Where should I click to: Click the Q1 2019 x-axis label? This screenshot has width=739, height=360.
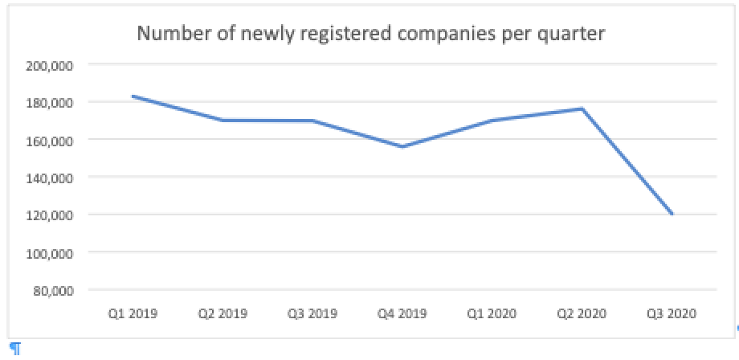(x=133, y=313)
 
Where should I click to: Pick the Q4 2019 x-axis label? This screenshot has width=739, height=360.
(x=402, y=313)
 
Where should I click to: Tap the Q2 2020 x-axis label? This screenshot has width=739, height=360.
(x=582, y=313)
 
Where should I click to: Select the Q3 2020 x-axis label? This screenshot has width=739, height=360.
(x=672, y=313)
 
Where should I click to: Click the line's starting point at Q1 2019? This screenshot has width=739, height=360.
(x=133, y=96)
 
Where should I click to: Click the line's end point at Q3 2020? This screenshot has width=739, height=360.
(x=672, y=215)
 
